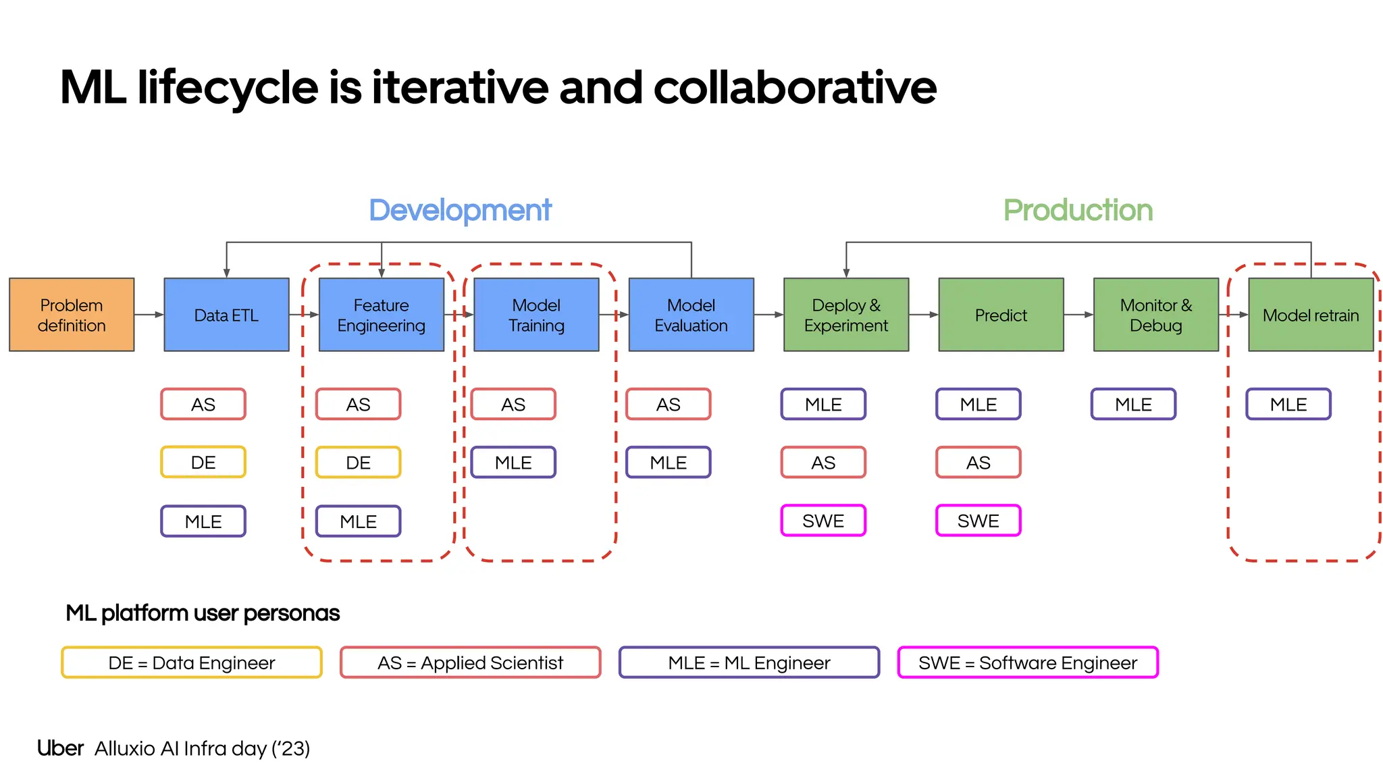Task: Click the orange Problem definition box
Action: (72, 315)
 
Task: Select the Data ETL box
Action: (226, 315)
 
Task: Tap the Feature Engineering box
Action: (381, 315)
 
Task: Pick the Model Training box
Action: (536, 315)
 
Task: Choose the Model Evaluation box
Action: (691, 315)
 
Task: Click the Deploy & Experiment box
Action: (846, 315)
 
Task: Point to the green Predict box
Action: (1001, 315)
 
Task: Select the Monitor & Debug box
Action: (1156, 315)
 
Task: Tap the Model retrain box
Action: (1311, 315)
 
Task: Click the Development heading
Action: (460, 211)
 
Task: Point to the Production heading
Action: (1078, 211)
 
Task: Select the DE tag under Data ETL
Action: (203, 463)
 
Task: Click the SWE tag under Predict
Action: (978, 521)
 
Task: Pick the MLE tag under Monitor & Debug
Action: (1133, 405)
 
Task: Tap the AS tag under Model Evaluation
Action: (669, 405)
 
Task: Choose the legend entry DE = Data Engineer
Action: (192, 663)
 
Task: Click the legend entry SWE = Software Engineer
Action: (1028, 663)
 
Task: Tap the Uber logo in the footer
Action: (60, 748)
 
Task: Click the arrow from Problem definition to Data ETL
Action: (149, 315)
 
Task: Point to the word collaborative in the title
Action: (795, 88)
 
